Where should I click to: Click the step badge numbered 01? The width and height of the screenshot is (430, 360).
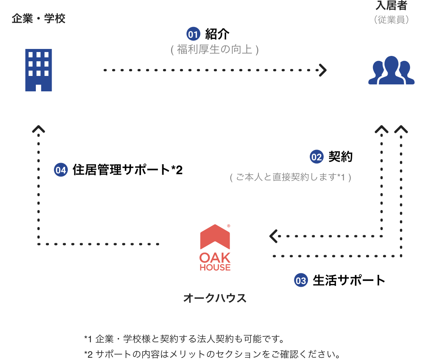pyautogui.click(x=193, y=35)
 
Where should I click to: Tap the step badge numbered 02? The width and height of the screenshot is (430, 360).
pyautogui.click(x=316, y=157)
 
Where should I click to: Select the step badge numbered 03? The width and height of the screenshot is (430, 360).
pyautogui.click(x=301, y=281)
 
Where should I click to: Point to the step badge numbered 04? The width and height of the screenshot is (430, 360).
pyautogui.click(x=61, y=170)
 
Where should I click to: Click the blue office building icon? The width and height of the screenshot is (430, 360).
pyautogui.click(x=39, y=70)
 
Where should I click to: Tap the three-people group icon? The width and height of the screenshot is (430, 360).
pyautogui.click(x=391, y=71)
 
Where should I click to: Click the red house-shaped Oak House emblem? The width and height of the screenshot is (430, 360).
pyautogui.click(x=215, y=236)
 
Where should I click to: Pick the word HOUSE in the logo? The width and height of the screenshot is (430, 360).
pyautogui.click(x=215, y=267)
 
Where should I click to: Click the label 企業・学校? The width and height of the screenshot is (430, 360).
pyautogui.click(x=39, y=19)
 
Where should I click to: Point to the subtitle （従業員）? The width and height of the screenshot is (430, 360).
pyautogui.click(x=391, y=19)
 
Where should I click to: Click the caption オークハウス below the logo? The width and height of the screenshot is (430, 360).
pyautogui.click(x=215, y=298)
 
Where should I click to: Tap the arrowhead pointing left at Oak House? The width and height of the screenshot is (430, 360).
pyautogui.click(x=274, y=236)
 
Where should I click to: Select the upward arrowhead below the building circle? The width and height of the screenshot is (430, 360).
pyautogui.click(x=39, y=129)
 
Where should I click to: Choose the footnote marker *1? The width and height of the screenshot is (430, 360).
pyautogui.click(x=88, y=340)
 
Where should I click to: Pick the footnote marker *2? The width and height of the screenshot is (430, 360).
pyautogui.click(x=88, y=354)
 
